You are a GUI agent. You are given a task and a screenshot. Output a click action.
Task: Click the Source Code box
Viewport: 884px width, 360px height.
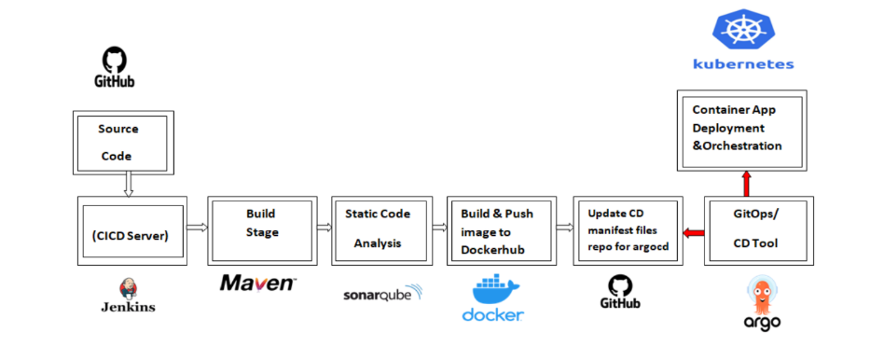[x=120, y=142]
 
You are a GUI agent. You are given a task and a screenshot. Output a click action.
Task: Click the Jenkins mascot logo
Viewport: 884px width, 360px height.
[x=129, y=288]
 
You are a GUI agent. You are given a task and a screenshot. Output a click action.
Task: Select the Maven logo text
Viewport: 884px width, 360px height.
[x=258, y=283]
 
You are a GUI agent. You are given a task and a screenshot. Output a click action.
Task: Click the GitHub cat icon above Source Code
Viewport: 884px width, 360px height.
[x=114, y=61]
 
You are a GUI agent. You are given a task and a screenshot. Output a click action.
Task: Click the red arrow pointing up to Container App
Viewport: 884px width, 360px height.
[x=745, y=183]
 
